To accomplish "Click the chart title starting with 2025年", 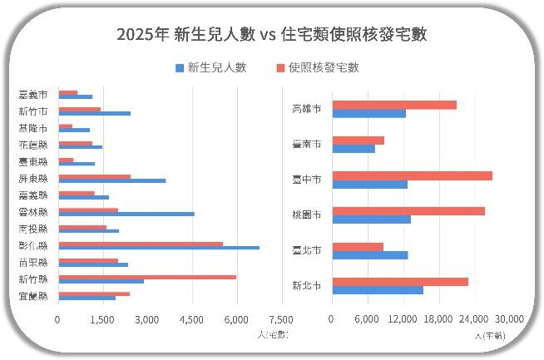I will (272, 34).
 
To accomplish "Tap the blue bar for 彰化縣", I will (158, 247).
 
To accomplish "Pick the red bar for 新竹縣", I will (146, 277).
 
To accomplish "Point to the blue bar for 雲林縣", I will (126, 214).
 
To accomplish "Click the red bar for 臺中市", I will (412, 175).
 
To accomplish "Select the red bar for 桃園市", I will (408, 211).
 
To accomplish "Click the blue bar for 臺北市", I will (369, 254).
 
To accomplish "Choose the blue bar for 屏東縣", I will (111, 180).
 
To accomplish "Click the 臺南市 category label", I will (307, 144).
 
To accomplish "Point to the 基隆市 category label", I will (32, 128).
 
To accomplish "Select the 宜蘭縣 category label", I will (32, 295).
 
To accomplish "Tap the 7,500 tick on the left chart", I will (281, 319).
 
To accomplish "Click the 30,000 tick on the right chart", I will (509, 319).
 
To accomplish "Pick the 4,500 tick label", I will (191, 319).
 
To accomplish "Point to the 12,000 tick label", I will (403, 319).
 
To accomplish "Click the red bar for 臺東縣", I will (66, 160).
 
